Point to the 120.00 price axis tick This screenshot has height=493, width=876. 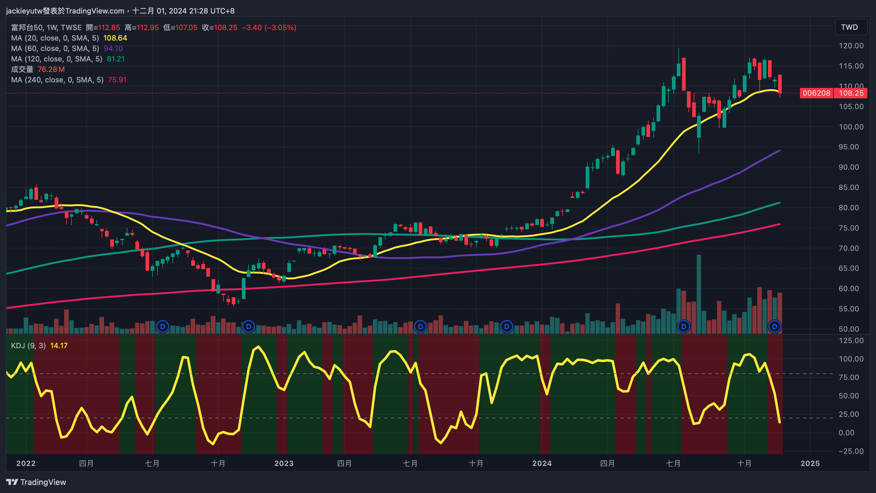(x=851, y=45)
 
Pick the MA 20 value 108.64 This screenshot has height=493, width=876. (x=115, y=38)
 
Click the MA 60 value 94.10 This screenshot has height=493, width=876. (x=113, y=49)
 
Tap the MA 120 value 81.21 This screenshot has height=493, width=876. (x=116, y=59)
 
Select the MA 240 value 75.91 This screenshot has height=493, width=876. (x=117, y=80)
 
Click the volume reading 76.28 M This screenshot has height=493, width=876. (x=51, y=69)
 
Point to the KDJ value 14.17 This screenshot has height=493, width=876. (x=59, y=345)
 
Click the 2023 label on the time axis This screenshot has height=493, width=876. (x=284, y=463)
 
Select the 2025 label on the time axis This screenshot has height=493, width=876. (x=810, y=463)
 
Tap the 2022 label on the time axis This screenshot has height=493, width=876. (x=26, y=463)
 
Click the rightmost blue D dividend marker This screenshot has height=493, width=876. (x=774, y=327)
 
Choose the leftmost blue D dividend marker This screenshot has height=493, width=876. (x=163, y=327)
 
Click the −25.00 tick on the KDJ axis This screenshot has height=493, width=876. (x=851, y=451)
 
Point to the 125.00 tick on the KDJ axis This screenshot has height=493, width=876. (x=851, y=341)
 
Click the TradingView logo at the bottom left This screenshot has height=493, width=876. (x=36, y=482)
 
